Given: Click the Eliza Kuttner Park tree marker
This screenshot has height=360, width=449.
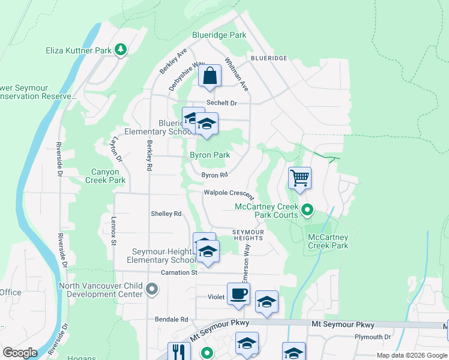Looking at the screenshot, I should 121,50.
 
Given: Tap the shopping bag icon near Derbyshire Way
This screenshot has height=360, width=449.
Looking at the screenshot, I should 210,76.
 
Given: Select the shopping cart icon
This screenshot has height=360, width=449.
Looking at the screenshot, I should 299,178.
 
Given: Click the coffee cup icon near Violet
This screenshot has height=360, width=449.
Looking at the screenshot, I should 238,294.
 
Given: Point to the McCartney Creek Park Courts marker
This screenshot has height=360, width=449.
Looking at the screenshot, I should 307,210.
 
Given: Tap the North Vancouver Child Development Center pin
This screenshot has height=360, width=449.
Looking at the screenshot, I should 152,290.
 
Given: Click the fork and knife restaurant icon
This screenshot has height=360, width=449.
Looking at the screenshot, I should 179,352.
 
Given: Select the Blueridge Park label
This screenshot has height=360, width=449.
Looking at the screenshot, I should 219,35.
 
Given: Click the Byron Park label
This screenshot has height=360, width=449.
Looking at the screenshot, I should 210,155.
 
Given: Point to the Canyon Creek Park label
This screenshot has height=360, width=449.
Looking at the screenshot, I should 106,176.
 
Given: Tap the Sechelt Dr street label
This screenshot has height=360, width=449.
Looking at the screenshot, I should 221,103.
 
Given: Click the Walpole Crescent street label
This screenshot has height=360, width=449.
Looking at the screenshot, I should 229,193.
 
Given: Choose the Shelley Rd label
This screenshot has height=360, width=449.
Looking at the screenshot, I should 166,214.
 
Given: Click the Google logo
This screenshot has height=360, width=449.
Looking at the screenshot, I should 20,353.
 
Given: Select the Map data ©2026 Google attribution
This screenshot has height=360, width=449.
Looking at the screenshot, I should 412,355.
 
